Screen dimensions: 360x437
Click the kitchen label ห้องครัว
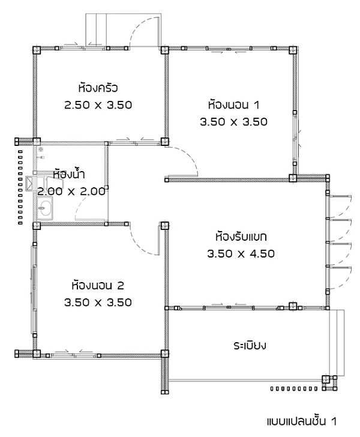pyautogui.click(x=98, y=88)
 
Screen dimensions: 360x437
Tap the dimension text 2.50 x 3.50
pyautogui.click(x=98, y=105)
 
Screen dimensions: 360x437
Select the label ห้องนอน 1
pyautogui.click(x=234, y=105)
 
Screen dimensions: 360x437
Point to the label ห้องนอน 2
pyautogui.click(x=98, y=285)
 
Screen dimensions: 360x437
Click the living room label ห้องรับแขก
pyautogui.click(x=241, y=237)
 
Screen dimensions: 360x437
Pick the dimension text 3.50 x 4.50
pyautogui.click(x=241, y=253)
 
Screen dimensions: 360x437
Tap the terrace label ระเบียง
pyautogui.click(x=250, y=346)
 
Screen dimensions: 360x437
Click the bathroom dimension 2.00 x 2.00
pyautogui.click(x=71, y=191)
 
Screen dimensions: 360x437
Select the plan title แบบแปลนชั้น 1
pyautogui.click(x=301, y=421)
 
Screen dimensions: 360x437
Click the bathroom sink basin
pyautogui.click(x=44, y=208)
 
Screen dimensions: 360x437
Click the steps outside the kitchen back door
pyautogui.click(x=95, y=29)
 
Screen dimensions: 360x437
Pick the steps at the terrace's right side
pyautogui.click(x=337, y=343)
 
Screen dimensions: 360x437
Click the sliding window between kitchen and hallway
pyautogui.click(x=136, y=143)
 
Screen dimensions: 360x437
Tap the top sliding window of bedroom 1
pyautogui.click(x=229, y=49)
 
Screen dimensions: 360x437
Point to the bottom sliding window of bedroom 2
pyautogui.click(x=74, y=355)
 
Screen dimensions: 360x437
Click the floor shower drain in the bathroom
pyautogui.click(x=41, y=149)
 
